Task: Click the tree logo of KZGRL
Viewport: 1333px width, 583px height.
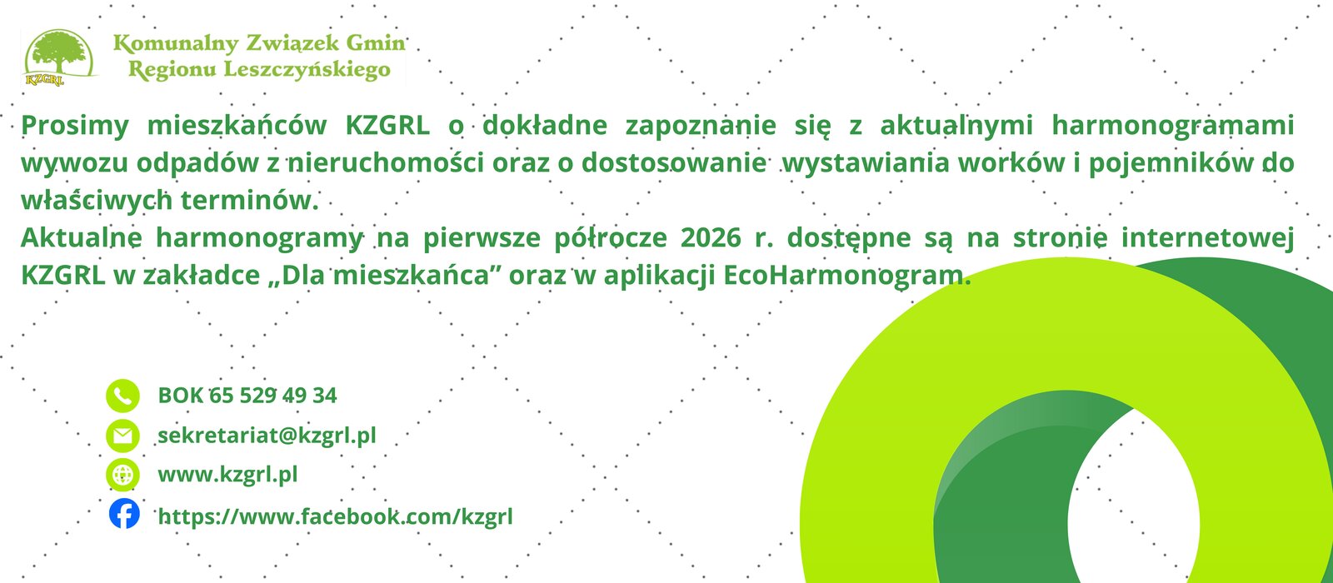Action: click(57, 56)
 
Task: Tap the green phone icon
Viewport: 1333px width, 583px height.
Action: click(122, 396)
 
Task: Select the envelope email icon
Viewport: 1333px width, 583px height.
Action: click(122, 436)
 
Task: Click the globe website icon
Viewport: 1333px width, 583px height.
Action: click(122, 475)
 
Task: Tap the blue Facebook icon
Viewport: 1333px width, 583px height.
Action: click(124, 514)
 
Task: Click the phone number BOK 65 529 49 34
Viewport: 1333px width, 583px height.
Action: click(247, 396)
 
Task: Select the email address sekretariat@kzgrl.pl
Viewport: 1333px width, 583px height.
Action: click(267, 436)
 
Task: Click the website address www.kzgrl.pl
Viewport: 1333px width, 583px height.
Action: click(227, 475)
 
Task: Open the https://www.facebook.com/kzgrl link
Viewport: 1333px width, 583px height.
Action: click(335, 516)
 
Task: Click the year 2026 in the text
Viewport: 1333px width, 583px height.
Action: click(710, 238)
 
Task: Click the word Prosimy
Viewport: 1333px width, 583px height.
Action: click(75, 126)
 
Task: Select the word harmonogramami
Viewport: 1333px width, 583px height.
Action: click(1172, 126)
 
